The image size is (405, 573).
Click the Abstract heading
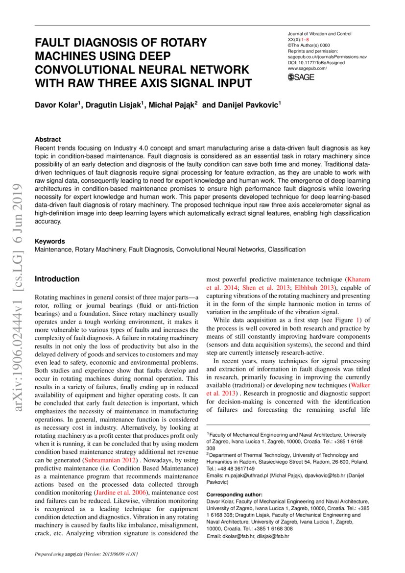pyautogui.click(x=48, y=140)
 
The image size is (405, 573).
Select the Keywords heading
pyautogui.click(x=49, y=242)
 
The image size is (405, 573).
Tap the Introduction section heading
pyautogui.click(x=57, y=279)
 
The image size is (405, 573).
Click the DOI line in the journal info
pyautogui.click(x=316, y=63)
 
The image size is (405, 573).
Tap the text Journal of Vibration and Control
pyautogui.click(x=319, y=34)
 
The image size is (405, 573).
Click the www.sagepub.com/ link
pyautogui.click(x=307, y=69)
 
